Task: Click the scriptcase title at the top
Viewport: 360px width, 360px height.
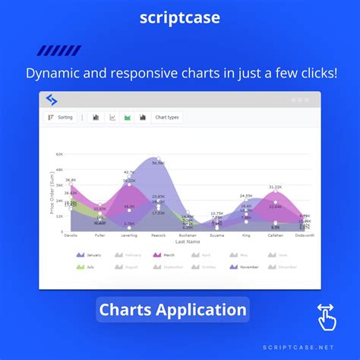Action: point(179,17)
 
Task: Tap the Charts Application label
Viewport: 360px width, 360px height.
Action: point(173,309)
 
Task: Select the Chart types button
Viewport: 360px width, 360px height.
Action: point(167,118)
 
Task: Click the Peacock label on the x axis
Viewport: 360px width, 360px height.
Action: point(158,235)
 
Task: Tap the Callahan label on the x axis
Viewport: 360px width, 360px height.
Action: point(276,235)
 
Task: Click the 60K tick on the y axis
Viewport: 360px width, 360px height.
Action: point(58,154)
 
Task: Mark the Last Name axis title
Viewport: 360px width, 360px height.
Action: point(187,242)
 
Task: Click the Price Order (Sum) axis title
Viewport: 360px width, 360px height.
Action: point(52,193)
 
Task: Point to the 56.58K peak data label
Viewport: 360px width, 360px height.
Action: point(158,163)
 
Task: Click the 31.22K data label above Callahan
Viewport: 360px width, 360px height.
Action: point(276,187)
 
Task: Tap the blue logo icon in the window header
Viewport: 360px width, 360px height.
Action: point(52,99)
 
